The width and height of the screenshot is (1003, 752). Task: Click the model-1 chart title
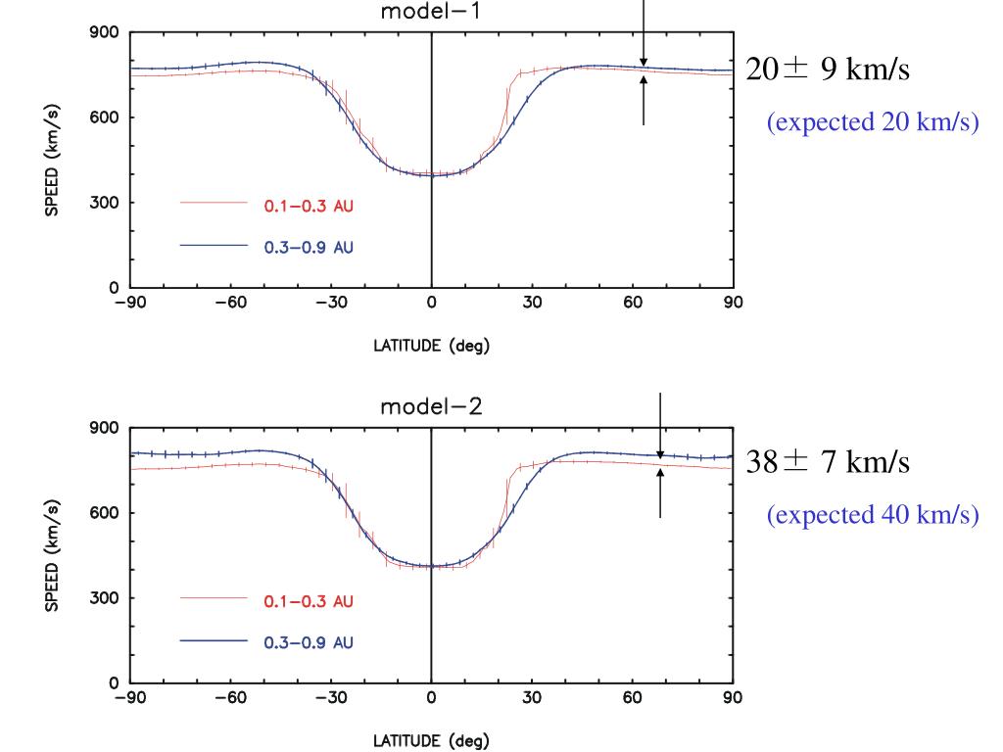[x=431, y=13]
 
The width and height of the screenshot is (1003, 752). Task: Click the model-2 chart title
[x=431, y=407]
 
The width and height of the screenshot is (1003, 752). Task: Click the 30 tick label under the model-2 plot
[x=532, y=698]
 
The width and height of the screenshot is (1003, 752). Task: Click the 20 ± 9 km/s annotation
[x=833, y=70]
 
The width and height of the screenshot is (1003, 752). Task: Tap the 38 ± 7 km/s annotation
[x=828, y=462]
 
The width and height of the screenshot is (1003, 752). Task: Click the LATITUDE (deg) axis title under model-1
[x=431, y=346]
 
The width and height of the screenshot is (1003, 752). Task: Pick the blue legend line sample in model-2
[x=213, y=641]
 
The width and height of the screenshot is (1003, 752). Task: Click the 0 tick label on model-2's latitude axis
[x=431, y=698]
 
